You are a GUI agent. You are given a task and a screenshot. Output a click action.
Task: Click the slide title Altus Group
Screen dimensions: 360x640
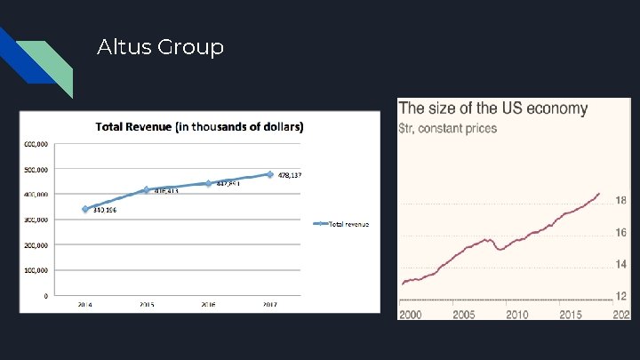pyautogui.click(x=160, y=46)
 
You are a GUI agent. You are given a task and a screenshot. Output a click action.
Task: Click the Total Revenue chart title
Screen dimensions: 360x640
pyautogui.click(x=199, y=127)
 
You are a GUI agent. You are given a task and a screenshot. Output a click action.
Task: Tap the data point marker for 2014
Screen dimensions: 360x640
pyautogui.click(x=85, y=209)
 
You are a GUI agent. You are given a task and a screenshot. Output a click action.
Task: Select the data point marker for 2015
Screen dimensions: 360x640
pyautogui.click(x=147, y=190)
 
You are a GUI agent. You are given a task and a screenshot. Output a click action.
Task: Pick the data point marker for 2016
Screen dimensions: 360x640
pyautogui.click(x=208, y=183)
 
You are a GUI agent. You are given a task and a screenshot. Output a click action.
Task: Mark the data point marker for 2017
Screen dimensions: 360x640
pyautogui.click(x=270, y=174)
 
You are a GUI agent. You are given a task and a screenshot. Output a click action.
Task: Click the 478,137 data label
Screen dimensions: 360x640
pyautogui.click(x=290, y=175)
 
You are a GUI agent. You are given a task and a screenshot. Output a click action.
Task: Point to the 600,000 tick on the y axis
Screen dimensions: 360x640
pyautogui.click(x=36, y=144)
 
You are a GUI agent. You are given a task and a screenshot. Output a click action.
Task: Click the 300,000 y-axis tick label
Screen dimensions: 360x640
pyautogui.click(x=36, y=220)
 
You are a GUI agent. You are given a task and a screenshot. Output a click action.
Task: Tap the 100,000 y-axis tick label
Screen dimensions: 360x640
pyautogui.click(x=36, y=270)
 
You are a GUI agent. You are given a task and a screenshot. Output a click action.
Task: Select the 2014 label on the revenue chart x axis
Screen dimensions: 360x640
pyautogui.click(x=85, y=304)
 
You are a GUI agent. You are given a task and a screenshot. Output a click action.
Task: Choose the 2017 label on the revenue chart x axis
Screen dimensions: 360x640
pyautogui.click(x=270, y=304)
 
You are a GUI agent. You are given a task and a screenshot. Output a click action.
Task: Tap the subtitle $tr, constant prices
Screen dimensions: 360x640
pyautogui.click(x=449, y=128)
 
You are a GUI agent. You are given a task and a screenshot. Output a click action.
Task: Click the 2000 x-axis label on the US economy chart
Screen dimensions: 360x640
pyautogui.click(x=411, y=315)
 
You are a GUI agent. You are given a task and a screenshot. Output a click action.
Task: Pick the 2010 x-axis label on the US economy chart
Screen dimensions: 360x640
pyautogui.click(x=516, y=315)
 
